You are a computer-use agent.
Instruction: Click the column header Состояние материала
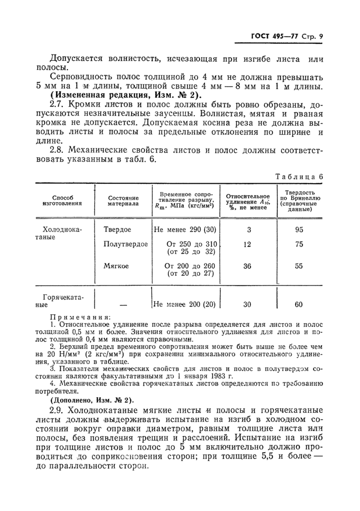(x=123, y=200)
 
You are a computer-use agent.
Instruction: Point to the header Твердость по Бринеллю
(x=300, y=200)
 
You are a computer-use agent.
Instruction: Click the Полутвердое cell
(x=125, y=244)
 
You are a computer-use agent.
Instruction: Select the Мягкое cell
(x=116, y=266)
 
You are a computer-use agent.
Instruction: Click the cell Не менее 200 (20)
(x=184, y=304)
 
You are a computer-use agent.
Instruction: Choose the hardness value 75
(x=299, y=244)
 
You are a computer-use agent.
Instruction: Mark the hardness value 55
(x=299, y=266)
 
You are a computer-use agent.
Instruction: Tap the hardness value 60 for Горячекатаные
(x=299, y=304)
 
